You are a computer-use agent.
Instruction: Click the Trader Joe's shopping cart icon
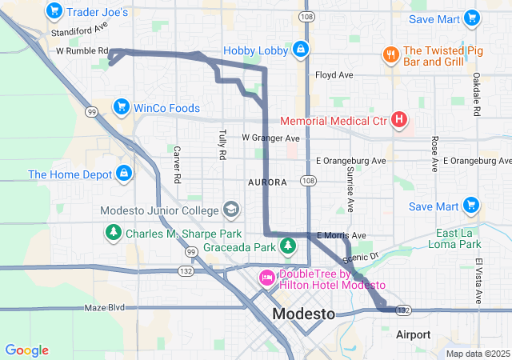54,11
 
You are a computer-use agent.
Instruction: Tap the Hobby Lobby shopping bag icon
300,50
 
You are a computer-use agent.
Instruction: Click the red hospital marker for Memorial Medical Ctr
399,121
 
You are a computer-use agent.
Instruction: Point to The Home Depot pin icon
124,174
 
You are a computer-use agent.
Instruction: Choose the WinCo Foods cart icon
122,107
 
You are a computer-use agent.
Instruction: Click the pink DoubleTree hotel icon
266,278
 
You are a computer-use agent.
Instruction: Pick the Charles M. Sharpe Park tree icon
114,234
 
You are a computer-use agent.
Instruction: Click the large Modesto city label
304,314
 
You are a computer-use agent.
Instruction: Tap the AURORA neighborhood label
267,182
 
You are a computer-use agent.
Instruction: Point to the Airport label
414,334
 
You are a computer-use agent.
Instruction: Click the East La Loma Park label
458,238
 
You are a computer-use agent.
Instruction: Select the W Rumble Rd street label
82,50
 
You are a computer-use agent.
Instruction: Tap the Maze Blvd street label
106,307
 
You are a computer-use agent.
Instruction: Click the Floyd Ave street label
334,75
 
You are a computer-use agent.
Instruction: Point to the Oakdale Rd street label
477,88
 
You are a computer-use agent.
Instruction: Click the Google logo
26,350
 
